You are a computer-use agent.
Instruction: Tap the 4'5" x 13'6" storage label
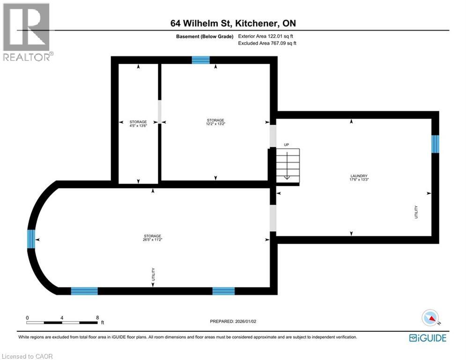(x=138, y=124)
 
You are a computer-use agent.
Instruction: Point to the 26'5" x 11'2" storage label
(x=153, y=238)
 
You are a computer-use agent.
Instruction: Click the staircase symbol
(x=287, y=165)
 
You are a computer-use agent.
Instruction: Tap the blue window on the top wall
(x=200, y=60)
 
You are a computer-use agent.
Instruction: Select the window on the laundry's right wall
(x=435, y=144)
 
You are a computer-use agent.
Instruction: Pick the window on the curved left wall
(x=31, y=239)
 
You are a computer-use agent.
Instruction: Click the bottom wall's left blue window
(x=84, y=291)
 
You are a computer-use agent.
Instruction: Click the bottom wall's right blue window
(x=223, y=291)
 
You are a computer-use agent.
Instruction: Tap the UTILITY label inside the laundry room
(x=416, y=212)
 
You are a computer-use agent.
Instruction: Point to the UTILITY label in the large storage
(x=153, y=274)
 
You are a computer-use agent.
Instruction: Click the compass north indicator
(x=430, y=318)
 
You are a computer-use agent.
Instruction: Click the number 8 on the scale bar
(x=97, y=317)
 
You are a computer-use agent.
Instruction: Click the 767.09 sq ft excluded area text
(x=267, y=43)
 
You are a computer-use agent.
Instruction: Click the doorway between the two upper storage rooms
(x=159, y=112)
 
